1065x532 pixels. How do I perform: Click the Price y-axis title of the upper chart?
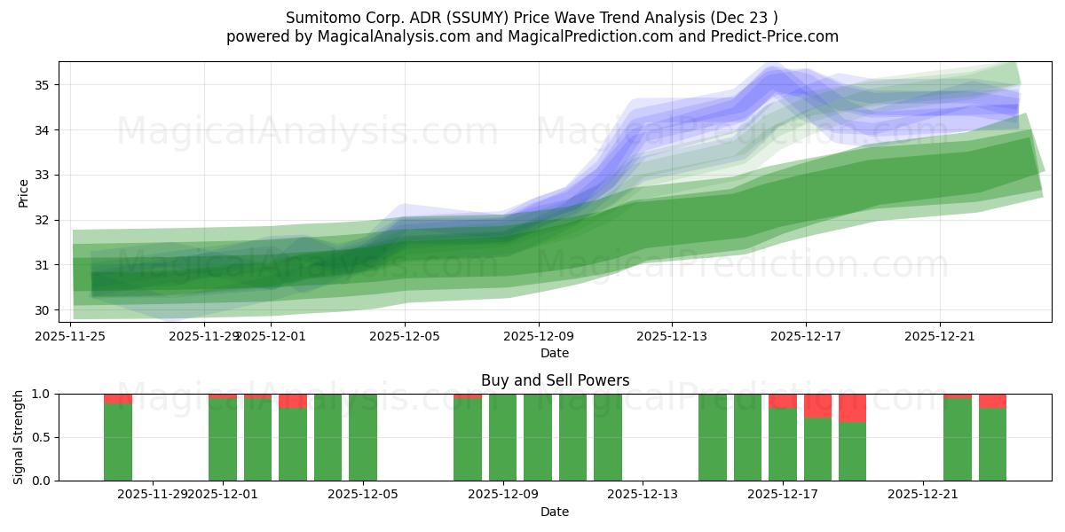tap(23, 192)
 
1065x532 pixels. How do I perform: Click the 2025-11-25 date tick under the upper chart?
tap(71, 336)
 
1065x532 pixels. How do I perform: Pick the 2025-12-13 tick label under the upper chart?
tap(672, 336)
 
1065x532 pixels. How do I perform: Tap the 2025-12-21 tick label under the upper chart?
tap(940, 336)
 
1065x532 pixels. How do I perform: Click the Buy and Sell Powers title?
tap(555, 380)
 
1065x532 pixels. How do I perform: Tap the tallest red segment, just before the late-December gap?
tap(852, 408)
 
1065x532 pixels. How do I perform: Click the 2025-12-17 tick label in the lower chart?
tap(783, 494)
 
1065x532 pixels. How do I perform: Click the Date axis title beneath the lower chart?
tap(555, 512)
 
